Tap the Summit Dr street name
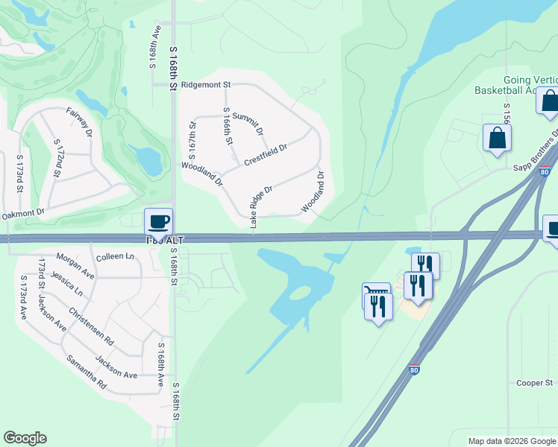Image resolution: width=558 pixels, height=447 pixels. click(x=248, y=123)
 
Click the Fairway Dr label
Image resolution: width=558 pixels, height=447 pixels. click(x=79, y=123)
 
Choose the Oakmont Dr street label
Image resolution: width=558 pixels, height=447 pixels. click(x=23, y=214)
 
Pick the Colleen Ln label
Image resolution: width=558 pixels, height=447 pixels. click(x=115, y=256)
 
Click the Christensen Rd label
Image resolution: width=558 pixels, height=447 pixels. click(x=90, y=326)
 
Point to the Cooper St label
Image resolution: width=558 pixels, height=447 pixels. click(x=534, y=383)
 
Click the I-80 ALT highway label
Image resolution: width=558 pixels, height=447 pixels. click(x=164, y=239)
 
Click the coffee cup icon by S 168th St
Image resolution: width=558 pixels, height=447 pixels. click(x=158, y=221)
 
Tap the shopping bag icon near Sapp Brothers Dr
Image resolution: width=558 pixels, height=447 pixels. click(x=497, y=138)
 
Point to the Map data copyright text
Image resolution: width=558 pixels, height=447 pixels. click(x=511, y=441)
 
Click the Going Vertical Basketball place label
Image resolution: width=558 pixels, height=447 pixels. click(x=515, y=85)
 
